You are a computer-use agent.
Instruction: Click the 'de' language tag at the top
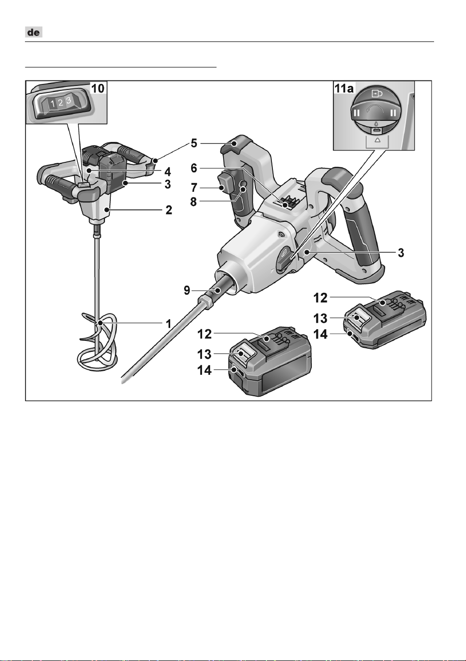33,32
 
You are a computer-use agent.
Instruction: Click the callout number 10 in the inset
98,88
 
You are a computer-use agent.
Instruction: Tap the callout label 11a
344,88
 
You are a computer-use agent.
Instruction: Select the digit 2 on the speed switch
60,103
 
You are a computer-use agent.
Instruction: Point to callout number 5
194,143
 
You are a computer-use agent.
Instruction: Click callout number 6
194,168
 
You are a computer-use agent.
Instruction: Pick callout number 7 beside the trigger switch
194,188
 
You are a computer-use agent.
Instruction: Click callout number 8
194,202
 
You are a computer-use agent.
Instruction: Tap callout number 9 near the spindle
187,290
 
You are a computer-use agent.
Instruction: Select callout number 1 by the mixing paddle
169,324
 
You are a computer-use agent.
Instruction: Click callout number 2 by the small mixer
169,210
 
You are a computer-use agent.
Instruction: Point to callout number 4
168,171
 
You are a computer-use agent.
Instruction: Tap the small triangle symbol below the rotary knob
378,140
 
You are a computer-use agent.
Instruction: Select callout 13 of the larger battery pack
204,354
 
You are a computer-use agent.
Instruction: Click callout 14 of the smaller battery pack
320,334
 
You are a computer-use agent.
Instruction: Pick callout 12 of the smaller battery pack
320,298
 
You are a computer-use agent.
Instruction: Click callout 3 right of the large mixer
401,253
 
